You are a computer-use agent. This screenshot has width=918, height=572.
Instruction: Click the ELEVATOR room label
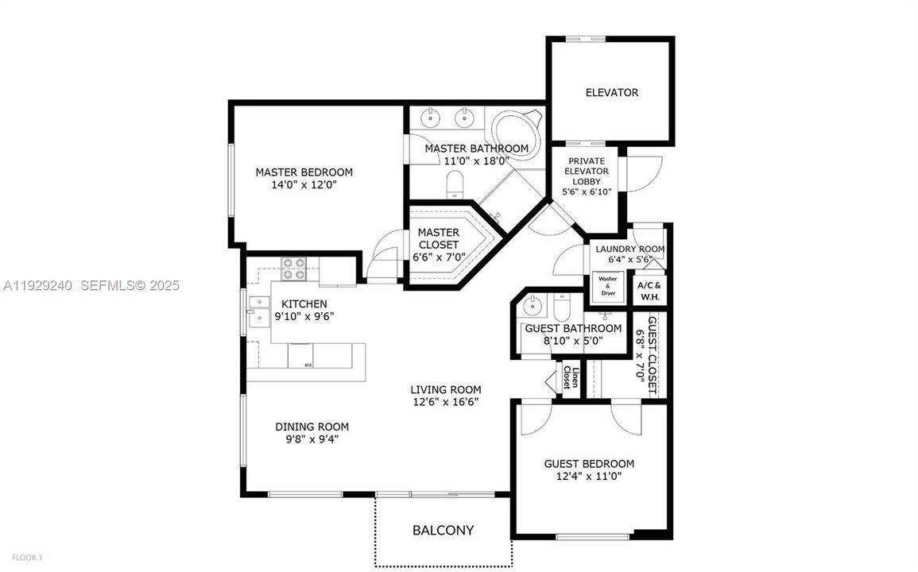(611, 93)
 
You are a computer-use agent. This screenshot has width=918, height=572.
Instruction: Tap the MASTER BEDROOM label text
(304, 172)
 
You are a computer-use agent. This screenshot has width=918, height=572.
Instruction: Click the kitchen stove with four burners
(294, 269)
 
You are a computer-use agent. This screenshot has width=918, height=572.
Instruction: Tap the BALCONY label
(443, 530)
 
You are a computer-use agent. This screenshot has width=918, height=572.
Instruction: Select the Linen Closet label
(571, 377)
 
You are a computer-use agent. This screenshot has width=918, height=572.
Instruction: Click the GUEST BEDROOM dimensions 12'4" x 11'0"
(588, 477)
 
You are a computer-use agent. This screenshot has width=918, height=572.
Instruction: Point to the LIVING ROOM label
(445, 389)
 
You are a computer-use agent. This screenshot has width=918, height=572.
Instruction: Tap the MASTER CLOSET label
(438, 239)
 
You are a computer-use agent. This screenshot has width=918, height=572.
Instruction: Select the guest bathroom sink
(534, 306)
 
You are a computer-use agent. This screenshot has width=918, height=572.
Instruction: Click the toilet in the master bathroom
(455, 186)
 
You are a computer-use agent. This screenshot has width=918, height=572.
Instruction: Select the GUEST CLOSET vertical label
(652, 356)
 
